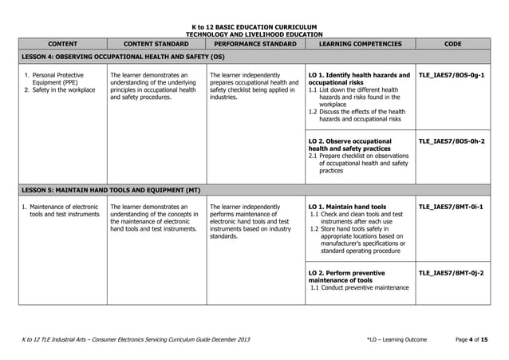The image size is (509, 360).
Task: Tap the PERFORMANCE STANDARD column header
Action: coord(252,45)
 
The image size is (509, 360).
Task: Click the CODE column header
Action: coord(459,45)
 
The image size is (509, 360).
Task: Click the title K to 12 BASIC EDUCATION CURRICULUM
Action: coord(254,27)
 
